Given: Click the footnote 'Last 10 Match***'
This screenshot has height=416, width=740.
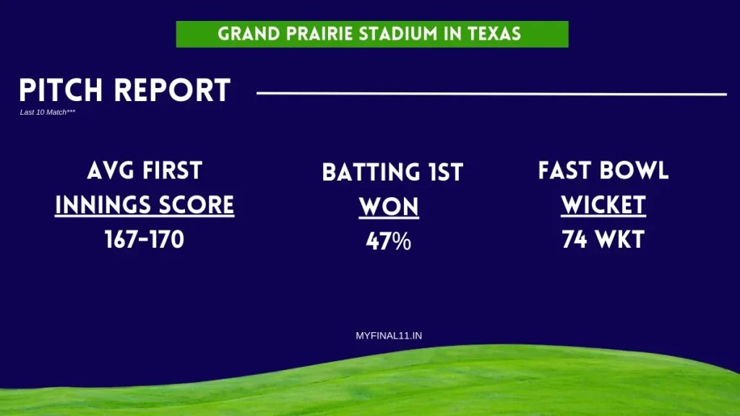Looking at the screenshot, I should point(48,113).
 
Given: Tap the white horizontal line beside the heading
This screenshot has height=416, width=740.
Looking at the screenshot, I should point(491,93).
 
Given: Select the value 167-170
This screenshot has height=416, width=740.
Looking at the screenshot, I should point(145,239).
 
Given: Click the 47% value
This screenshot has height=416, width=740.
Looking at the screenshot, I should point(388,241).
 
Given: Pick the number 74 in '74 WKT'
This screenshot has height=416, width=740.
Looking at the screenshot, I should point(574,239).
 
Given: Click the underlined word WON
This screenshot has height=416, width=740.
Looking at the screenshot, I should point(389,207).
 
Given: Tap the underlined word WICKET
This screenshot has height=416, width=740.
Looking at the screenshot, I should point(603,205).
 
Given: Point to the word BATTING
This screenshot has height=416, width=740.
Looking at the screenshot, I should point(368,173).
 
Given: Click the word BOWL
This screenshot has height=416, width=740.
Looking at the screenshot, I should point(637,171).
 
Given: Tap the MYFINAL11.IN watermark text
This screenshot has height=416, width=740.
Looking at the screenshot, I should point(388,336).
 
